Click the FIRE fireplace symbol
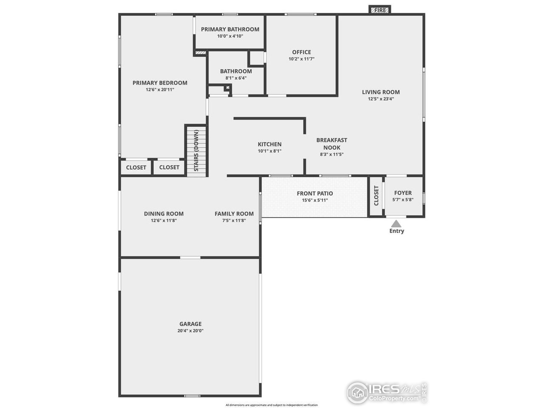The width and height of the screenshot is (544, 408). [x=380, y=10]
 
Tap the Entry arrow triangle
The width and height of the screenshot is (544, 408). [x=396, y=224]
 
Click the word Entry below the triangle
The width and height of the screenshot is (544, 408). [x=397, y=231]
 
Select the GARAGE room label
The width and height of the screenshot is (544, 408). [x=190, y=324]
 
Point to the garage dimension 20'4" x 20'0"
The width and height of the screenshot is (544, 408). [x=190, y=331]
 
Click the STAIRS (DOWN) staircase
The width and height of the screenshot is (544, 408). [x=196, y=150]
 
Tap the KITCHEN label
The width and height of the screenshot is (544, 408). [x=269, y=144]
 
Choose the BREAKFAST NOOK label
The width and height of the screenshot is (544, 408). [x=331, y=144]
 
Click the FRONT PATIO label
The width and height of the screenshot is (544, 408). [x=314, y=193]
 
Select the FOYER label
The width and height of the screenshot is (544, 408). [x=402, y=193]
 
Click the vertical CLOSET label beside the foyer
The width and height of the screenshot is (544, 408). [x=376, y=196]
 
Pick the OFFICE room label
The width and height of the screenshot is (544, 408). [x=301, y=52]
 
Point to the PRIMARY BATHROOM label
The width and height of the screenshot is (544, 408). [x=230, y=29]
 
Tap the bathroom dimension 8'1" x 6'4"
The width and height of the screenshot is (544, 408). [x=236, y=78]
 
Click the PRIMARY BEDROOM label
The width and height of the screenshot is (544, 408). [x=160, y=83]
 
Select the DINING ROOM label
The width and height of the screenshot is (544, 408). [x=164, y=214]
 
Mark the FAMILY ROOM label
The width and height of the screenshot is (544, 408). [x=234, y=214]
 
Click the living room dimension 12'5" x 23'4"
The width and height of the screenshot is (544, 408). [x=381, y=99]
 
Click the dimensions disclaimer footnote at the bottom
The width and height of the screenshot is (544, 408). [x=272, y=405]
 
